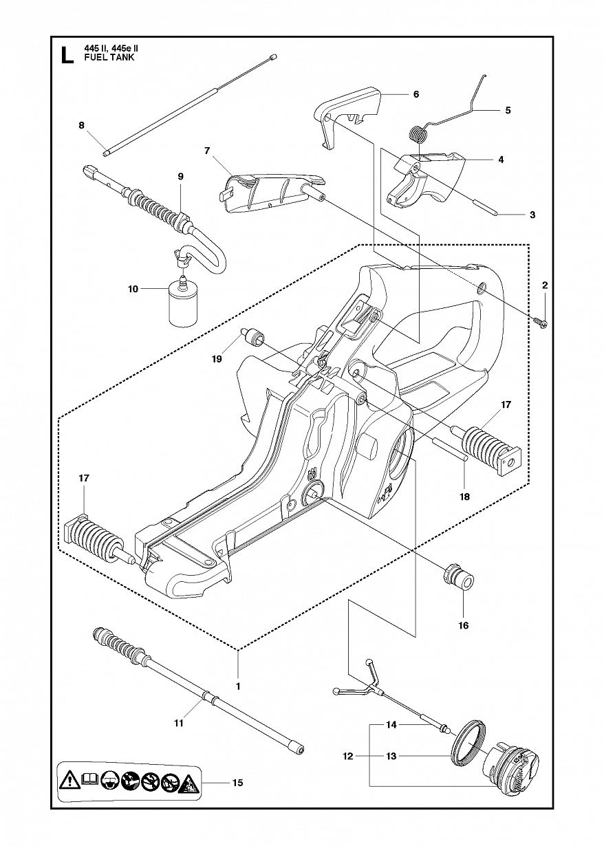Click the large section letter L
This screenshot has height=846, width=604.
pyautogui.click(x=67, y=55)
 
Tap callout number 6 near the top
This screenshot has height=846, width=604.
pyautogui.click(x=416, y=94)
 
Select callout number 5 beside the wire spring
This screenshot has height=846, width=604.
pyautogui.click(x=508, y=110)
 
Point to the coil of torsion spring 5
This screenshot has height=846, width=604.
pyautogui.click(x=417, y=134)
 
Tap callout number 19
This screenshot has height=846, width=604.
pyautogui.click(x=217, y=358)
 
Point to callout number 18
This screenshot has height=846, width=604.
pyautogui.click(x=464, y=497)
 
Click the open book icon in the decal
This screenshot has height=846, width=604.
pyautogui.click(x=90, y=779)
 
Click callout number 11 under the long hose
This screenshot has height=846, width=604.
pyautogui.click(x=179, y=723)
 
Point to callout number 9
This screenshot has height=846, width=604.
pyautogui.click(x=180, y=177)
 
